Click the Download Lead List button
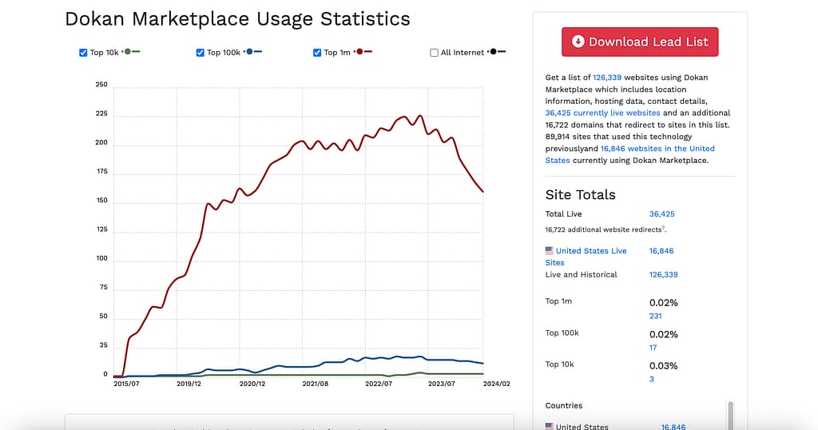(640, 42)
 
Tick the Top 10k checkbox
(83, 53)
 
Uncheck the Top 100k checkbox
(201, 53)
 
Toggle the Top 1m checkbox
(318, 53)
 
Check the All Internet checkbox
(435, 53)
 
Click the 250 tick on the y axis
(101, 85)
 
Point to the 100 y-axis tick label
(101, 258)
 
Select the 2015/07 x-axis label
(128, 384)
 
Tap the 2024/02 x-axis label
(496, 384)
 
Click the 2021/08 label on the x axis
(315, 384)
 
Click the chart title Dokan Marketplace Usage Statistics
(237, 19)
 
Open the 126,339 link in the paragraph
(607, 78)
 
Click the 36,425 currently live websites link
(602, 113)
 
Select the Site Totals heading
(581, 194)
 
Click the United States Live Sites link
(590, 251)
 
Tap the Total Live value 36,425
(662, 214)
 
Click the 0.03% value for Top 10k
(663, 366)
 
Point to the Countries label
(564, 405)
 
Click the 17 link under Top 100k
(653, 348)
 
